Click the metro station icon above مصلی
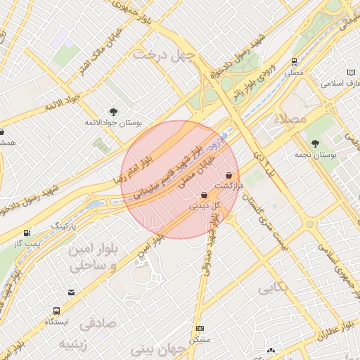294,62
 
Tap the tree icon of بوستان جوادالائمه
113,112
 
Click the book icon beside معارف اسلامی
352,72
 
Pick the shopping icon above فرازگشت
229,175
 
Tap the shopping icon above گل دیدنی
204,195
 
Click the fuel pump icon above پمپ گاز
27,233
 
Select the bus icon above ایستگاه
56,311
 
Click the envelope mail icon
71,292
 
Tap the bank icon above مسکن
200,329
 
